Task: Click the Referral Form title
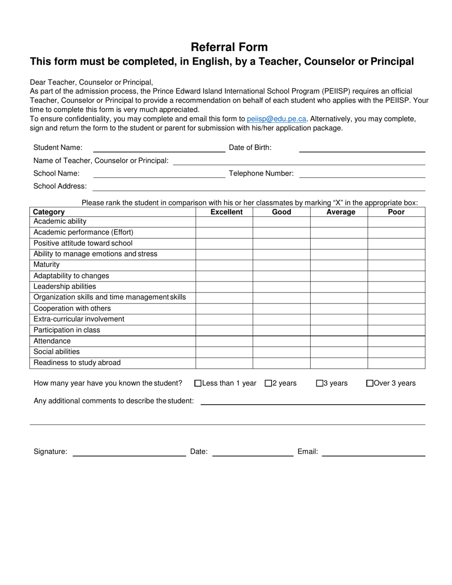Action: (229, 47)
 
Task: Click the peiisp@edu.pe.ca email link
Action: (276, 119)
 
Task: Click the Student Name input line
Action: (159, 148)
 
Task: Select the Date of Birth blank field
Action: (362, 148)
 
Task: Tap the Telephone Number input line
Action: (362, 174)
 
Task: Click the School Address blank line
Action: (258, 186)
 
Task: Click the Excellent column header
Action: (226, 212)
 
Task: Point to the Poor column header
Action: (396, 212)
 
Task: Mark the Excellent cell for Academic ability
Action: (224, 222)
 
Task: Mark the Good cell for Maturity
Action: (281, 265)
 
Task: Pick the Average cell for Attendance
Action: (339, 341)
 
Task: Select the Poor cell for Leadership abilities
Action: (396, 287)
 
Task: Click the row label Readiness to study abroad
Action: (77, 363)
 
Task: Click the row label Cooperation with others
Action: (72, 309)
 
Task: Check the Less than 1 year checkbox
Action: (198, 383)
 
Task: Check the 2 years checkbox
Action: (268, 383)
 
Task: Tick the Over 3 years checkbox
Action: (370, 383)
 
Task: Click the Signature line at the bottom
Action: (129, 452)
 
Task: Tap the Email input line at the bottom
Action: (373, 452)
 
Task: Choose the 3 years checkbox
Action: (320, 383)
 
